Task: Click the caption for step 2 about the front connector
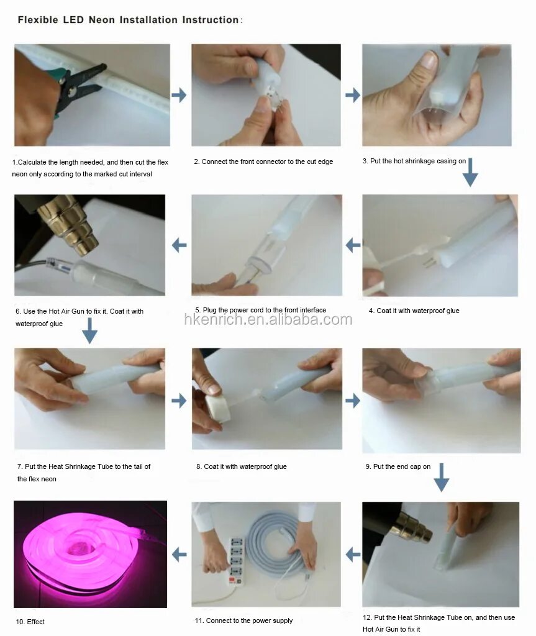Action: [x=263, y=161]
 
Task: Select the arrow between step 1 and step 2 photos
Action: [x=179, y=95]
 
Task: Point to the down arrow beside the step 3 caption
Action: [x=470, y=173]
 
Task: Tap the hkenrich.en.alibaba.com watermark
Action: [x=268, y=320]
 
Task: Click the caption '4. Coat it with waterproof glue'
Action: [x=414, y=311]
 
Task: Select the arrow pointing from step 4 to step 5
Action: [x=353, y=245]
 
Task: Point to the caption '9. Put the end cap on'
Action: [x=397, y=466]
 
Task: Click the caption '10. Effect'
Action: [x=30, y=622]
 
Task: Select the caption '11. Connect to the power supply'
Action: [x=243, y=620]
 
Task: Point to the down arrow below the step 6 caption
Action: [x=89, y=331]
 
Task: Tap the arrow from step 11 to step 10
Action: [x=179, y=554]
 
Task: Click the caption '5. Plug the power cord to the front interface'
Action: [x=260, y=310]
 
